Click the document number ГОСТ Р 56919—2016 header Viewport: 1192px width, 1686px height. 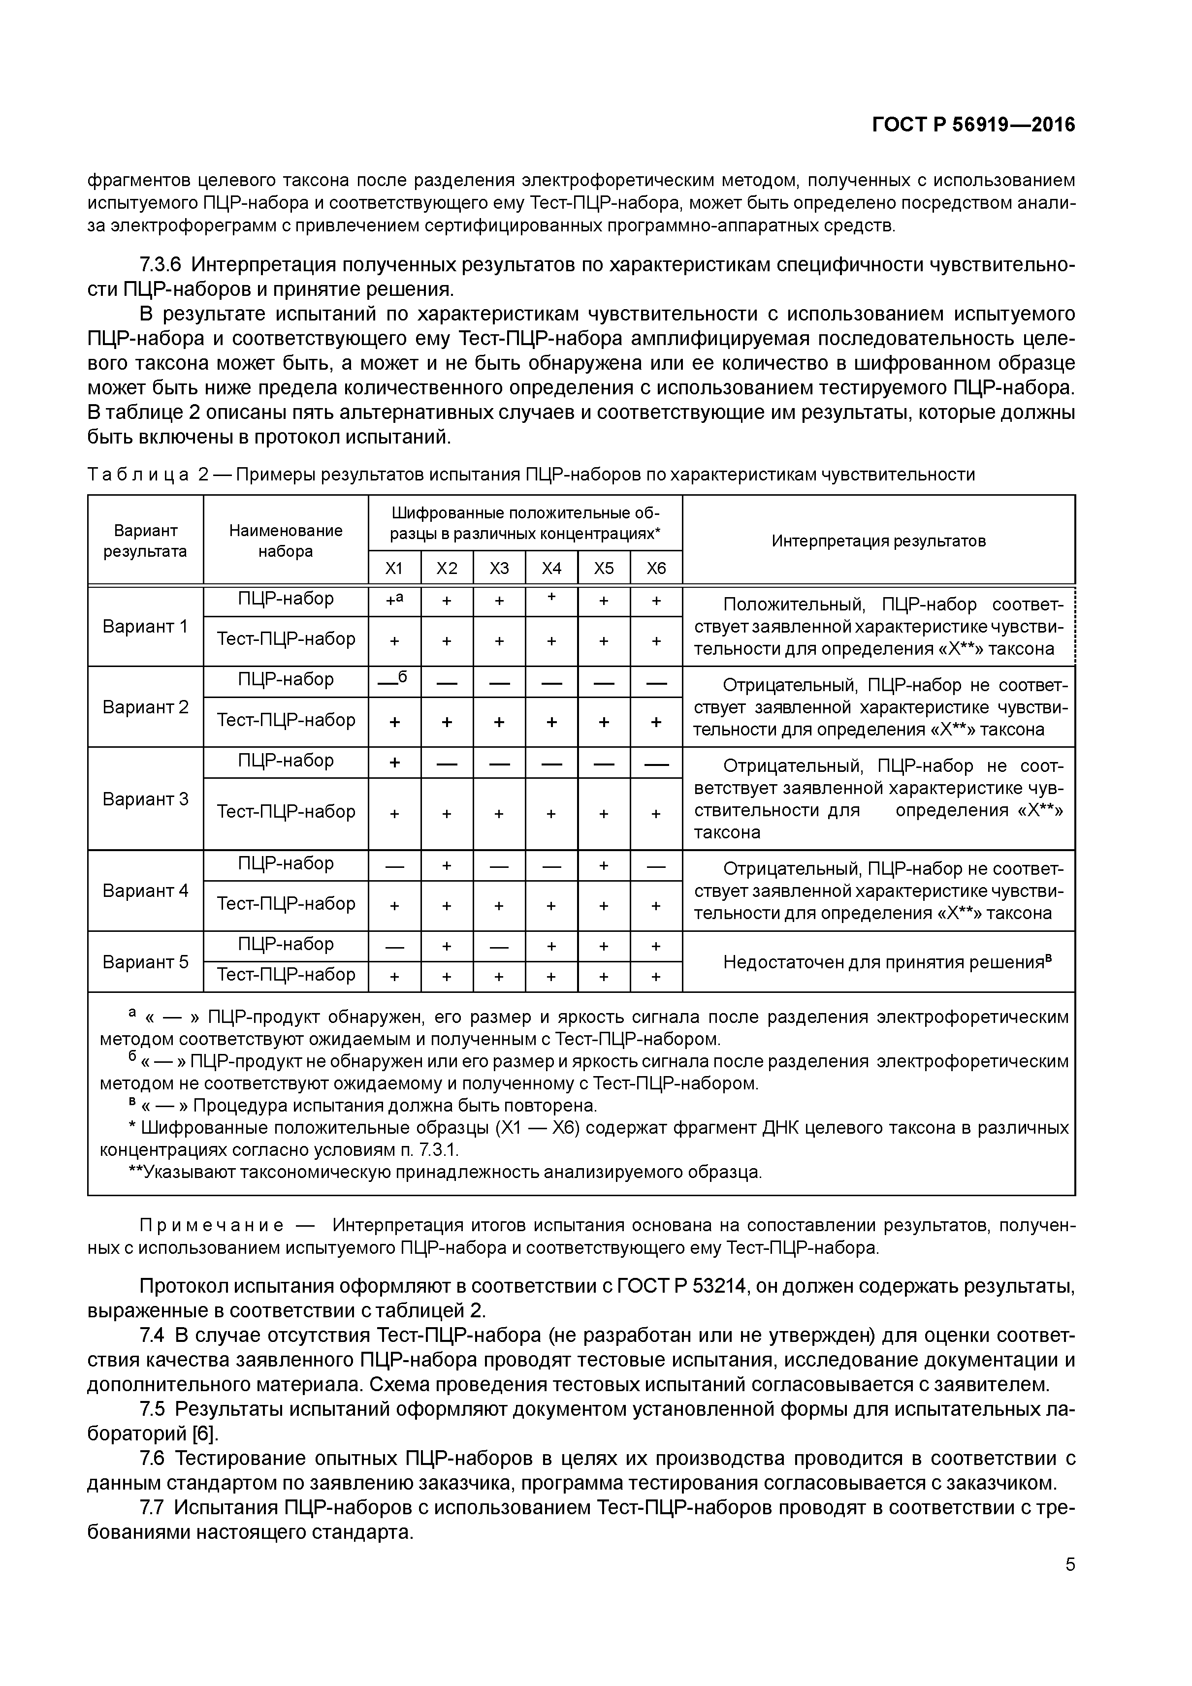click(973, 126)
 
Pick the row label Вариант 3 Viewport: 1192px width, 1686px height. click(145, 799)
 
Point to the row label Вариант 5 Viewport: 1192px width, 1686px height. click(145, 962)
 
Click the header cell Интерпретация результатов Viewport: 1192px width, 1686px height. click(878, 541)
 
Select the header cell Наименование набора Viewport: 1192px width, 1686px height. click(286, 541)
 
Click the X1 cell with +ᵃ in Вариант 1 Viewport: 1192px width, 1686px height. click(394, 601)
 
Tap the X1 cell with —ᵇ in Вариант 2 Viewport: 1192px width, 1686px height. click(394, 681)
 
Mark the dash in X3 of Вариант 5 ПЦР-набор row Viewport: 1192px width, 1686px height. click(499, 947)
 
